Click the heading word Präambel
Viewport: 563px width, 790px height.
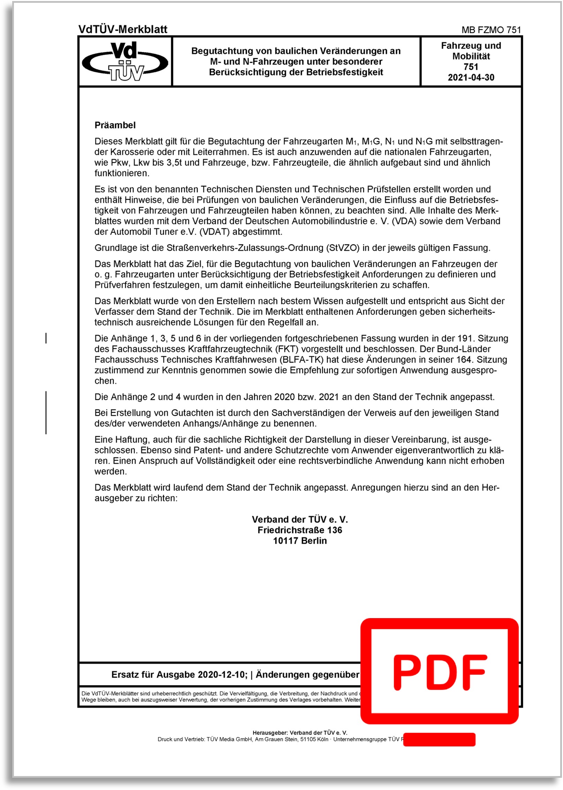[x=115, y=125]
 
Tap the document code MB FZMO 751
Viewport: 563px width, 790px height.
[x=491, y=30]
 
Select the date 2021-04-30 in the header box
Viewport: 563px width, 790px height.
[x=471, y=77]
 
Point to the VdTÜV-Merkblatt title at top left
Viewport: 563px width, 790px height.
[x=123, y=29]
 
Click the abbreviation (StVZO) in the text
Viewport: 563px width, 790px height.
[x=343, y=248]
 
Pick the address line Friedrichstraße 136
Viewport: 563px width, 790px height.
[x=300, y=530]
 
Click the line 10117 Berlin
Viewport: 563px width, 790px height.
[x=300, y=541]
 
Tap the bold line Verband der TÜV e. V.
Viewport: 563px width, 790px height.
[x=300, y=519]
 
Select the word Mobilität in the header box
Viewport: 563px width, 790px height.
[x=471, y=56]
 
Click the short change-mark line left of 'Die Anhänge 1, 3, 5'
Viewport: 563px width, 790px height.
[x=46, y=338]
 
